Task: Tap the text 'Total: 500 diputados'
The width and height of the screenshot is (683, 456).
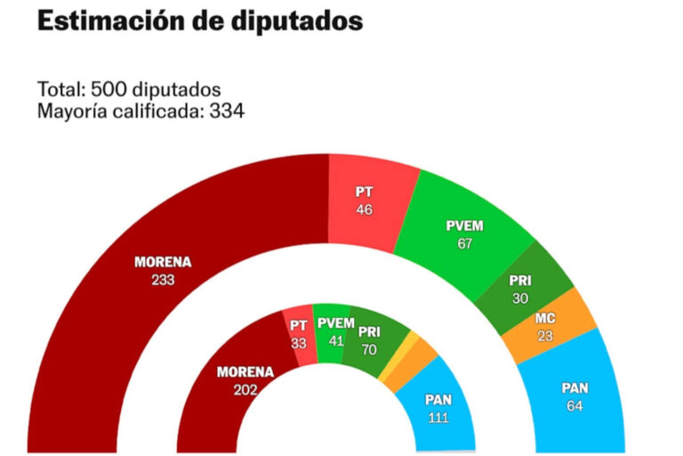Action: click(129, 91)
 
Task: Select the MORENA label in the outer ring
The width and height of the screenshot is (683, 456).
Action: click(163, 263)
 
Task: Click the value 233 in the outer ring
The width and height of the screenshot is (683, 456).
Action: click(163, 280)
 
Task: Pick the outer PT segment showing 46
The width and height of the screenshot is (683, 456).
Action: click(364, 200)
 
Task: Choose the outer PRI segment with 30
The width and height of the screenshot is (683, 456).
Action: click(521, 288)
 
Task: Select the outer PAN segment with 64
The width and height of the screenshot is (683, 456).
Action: click(574, 396)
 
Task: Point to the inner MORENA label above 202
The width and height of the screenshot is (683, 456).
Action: click(245, 372)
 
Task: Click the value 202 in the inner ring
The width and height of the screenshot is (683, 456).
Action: click(245, 388)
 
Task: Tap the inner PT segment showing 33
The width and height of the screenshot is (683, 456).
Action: click(299, 334)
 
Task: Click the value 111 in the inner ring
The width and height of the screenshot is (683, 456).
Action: click(437, 419)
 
